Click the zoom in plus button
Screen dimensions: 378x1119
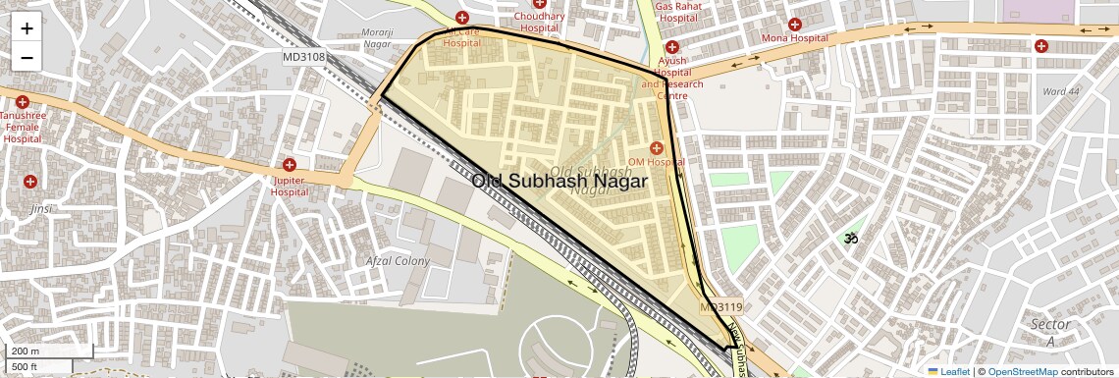(27, 28)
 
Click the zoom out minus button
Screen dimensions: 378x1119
(27, 57)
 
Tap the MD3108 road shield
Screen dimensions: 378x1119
(303, 57)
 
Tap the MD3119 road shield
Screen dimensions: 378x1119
(721, 307)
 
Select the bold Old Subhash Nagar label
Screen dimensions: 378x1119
(559, 182)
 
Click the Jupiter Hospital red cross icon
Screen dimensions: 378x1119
(290, 165)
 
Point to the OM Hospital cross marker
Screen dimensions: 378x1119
(656, 148)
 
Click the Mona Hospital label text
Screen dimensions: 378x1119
(795, 38)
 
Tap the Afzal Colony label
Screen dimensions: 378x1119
(398, 261)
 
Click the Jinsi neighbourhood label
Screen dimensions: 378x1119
(41, 209)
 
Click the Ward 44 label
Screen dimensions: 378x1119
(1061, 91)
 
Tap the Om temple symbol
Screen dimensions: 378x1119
(851, 238)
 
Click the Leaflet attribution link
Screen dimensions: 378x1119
(948, 371)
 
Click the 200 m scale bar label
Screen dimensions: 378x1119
(26, 351)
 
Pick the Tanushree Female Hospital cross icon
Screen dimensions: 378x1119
(22, 101)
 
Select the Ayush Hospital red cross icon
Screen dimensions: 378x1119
(672, 47)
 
